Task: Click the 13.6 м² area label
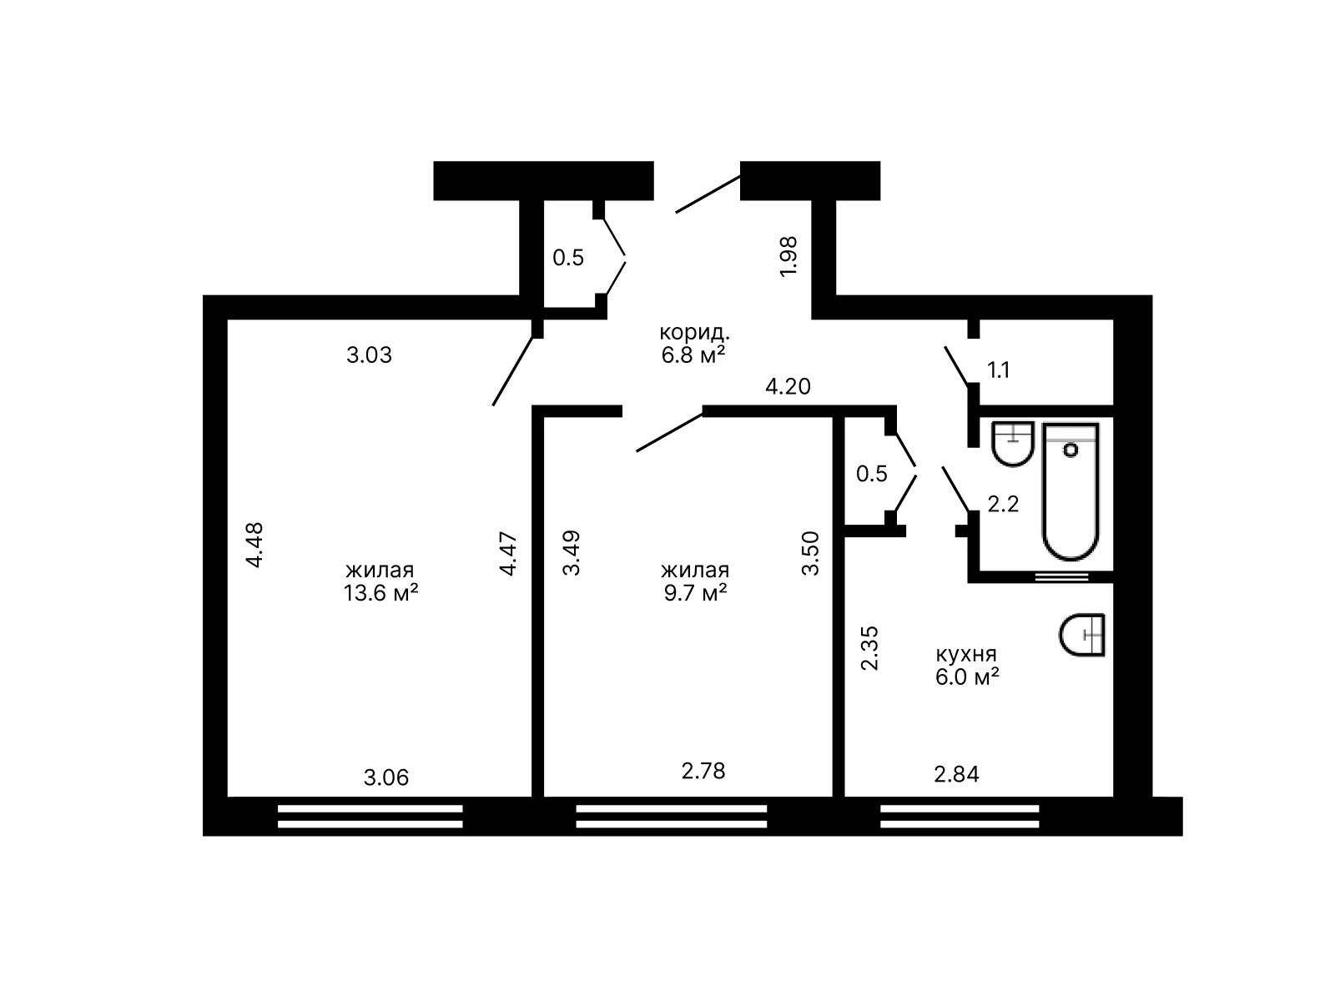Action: [380, 592]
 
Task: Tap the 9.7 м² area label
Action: [695, 592]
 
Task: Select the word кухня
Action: [966, 655]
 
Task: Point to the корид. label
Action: [694, 333]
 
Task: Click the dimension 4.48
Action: [254, 546]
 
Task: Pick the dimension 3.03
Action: [369, 355]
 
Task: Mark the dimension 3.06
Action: [386, 777]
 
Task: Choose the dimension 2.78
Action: [703, 772]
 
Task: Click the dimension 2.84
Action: [957, 774]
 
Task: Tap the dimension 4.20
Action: [788, 386]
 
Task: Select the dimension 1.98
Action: [788, 256]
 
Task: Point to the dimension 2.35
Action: [869, 648]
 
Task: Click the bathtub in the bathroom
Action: [1071, 491]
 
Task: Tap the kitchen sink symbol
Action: [1082, 635]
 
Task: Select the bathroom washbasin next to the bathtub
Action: [1013, 444]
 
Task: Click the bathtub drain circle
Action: [1071, 450]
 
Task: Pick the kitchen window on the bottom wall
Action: [960, 817]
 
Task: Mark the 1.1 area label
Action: [999, 370]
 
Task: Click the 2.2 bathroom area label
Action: [1003, 504]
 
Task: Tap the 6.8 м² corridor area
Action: [693, 355]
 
